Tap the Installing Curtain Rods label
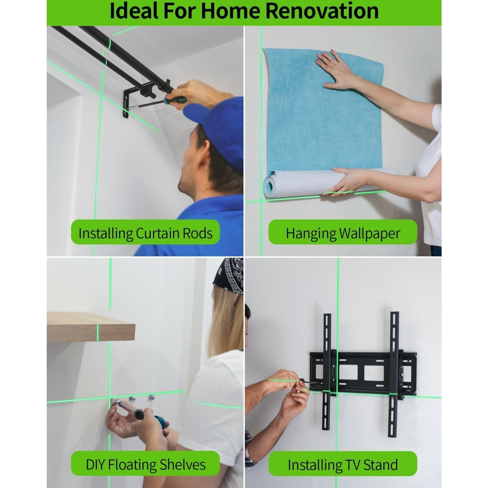[145, 233]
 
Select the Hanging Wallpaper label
[343, 233]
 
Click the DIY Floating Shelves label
[145, 464]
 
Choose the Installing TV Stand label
[343, 464]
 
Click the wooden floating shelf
[90, 327]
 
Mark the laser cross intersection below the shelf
[110, 398]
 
